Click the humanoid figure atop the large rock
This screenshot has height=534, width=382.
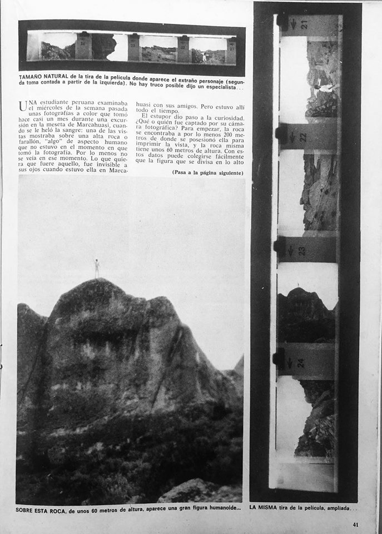click(x=97, y=268)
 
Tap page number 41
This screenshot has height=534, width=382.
click(x=356, y=524)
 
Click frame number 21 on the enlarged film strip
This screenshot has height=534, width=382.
click(x=304, y=24)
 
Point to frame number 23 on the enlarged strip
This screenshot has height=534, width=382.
click(x=302, y=250)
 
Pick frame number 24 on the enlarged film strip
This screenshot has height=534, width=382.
click(x=301, y=362)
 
